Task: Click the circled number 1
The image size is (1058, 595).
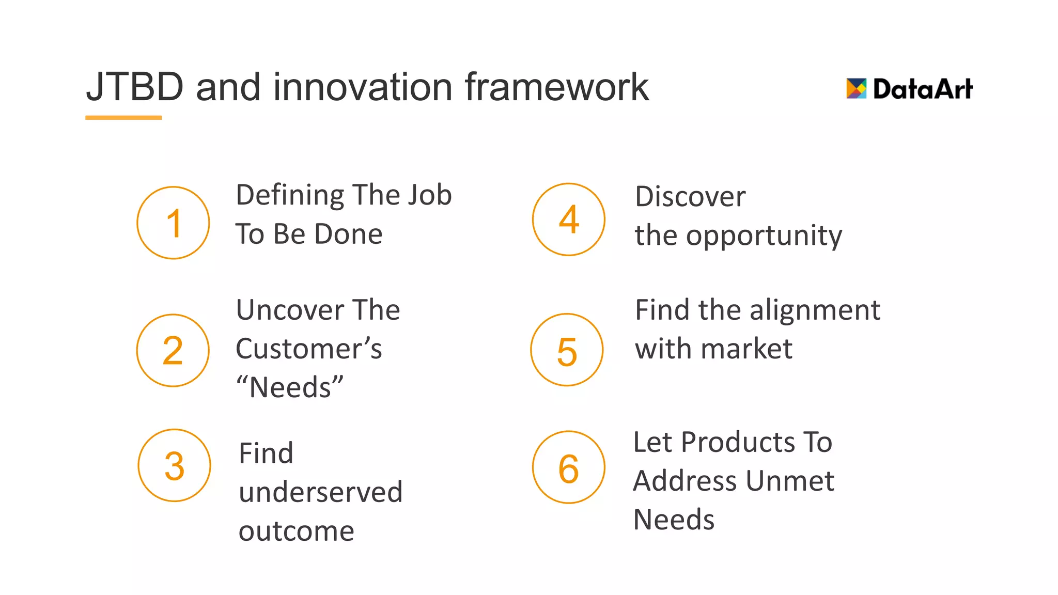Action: point(173,223)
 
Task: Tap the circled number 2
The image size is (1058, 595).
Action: point(173,350)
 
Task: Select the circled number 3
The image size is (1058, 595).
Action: point(175,465)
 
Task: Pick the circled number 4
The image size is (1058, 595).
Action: point(569,220)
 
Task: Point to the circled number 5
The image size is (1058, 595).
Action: point(567,350)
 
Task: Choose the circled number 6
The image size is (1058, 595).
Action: point(569,467)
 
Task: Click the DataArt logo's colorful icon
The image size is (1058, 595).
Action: point(856,88)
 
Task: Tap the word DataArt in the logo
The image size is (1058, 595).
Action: point(923,89)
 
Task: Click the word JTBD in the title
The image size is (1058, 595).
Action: point(135,87)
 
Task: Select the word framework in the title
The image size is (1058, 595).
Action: point(556,87)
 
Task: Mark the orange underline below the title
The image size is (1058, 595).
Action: point(123,118)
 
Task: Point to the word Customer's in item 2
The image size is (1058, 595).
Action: point(309,349)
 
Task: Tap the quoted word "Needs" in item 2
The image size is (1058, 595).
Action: point(290,387)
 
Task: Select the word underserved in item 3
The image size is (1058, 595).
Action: point(320,492)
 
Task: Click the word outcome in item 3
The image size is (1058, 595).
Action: point(297,531)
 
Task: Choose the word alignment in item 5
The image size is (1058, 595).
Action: point(815,310)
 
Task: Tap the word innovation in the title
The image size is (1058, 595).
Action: point(363,87)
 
